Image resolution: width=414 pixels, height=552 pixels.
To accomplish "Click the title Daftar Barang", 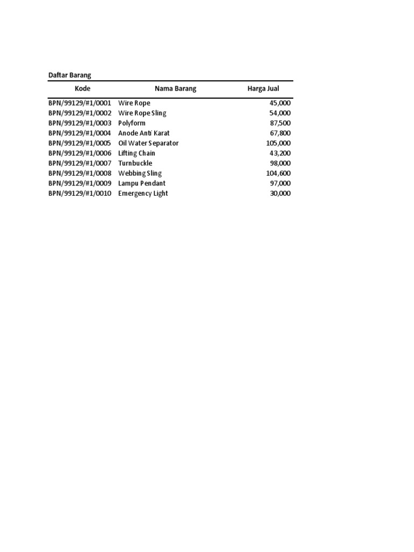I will click(x=70, y=75).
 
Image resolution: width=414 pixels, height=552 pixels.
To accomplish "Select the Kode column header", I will click(x=82, y=88).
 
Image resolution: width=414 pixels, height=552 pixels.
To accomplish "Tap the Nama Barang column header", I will click(x=175, y=88).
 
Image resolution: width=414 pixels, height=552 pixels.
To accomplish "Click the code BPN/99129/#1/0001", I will click(x=80, y=103).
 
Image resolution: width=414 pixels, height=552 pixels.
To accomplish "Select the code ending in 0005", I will click(x=80, y=143).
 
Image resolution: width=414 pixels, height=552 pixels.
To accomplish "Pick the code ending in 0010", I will click(x=80, y=194).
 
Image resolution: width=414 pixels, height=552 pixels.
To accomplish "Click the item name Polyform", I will click(x=132, y=123).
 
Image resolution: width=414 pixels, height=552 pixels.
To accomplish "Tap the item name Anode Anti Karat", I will click(x=143, y=133).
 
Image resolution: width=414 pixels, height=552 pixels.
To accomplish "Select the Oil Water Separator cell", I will click(x=148, y=143).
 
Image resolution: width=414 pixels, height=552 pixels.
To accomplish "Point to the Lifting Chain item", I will click(x=136, y=154).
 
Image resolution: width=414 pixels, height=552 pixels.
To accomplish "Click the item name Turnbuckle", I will click(x=135, y=163).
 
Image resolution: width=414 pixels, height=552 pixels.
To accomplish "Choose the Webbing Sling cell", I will click(x=140, y=174).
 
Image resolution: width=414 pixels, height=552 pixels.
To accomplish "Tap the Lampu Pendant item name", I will click(x=142, y=183).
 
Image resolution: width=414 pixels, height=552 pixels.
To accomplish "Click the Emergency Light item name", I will click(x=143, y=194).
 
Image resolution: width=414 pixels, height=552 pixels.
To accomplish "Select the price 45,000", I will click(x=280, y=103).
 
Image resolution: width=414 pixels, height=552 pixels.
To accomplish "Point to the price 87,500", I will click(x=280, y=123).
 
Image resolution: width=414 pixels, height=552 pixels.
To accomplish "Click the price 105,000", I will click(x=278, y=143).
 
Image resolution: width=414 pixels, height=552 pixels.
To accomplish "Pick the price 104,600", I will click(x=278, y=174).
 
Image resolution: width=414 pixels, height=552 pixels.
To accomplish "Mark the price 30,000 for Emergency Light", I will click(x=280, y=194).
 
